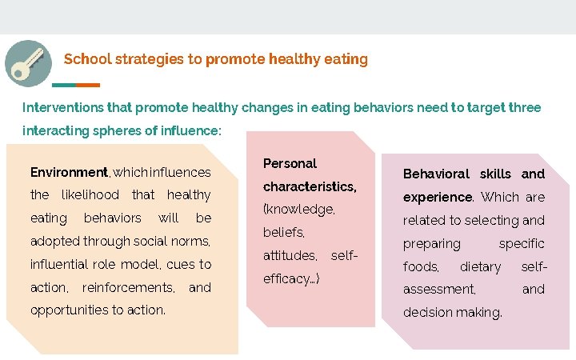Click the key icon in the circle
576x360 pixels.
(x=28, y=62)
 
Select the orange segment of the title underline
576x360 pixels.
(x=88, y=85)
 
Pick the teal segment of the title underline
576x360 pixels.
(x=64, y=85)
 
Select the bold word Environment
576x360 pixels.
(x=69, y=172)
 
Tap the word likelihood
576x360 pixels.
(x=90, y=194)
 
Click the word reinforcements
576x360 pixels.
(x=128, y=287)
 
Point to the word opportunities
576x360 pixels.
(x=67, y=310)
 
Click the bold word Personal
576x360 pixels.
(x=290, y=163)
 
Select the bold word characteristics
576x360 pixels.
(x=309, y=186)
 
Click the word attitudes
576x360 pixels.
(x=290, y=256)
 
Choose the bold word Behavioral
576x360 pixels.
(x=436, y=174)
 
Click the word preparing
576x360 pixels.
(x=432, y=243)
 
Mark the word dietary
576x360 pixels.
(x=480, y=266)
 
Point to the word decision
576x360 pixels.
(x=426, y=313)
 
